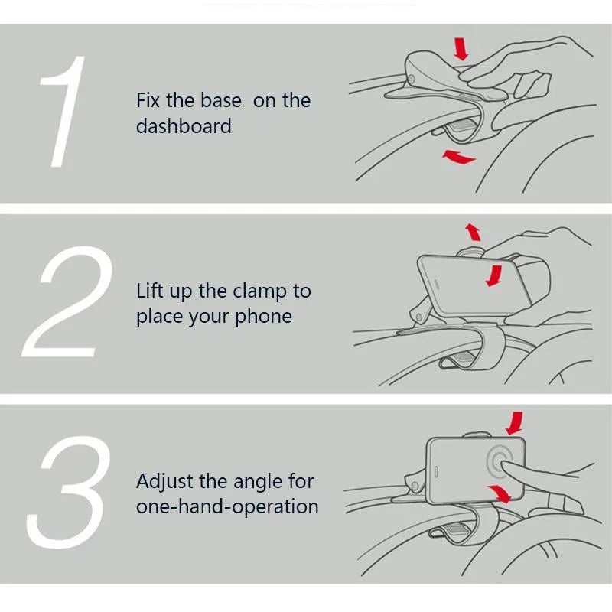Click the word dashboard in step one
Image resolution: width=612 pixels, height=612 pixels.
pos(184,126)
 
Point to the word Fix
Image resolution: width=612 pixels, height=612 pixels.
pos(148,100)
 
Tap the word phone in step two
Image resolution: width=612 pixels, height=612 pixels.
pos(263,317)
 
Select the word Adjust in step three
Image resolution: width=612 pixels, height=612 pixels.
pos(165,482)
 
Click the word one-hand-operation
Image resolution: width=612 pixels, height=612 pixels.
pos(227,507)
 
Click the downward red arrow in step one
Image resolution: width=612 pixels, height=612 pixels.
pos(461,49)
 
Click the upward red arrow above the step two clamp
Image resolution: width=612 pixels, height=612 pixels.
pos(474,232)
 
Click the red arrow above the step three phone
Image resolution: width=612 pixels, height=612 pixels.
pos(515,423)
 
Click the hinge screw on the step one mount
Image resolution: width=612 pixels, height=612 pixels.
pos(411,79)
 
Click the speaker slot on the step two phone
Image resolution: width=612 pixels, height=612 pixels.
pos(437,284)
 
